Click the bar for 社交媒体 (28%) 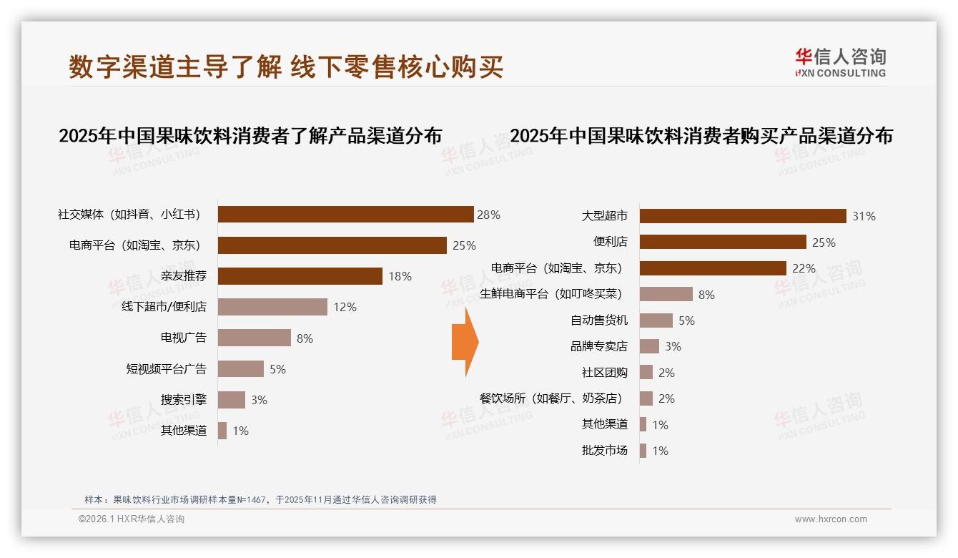tap(345, 215)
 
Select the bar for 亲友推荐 tap(300, 276)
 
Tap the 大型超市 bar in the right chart tap(742, 216)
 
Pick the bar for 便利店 tap(722, 242)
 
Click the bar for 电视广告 tap(254, 338)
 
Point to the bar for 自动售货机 tap(656, 320)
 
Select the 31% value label tap(864, 216)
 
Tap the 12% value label tap(345, 307)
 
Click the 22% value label tap(804, 268)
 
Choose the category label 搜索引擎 tap(184, 399)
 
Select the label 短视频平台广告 tap(167, 369)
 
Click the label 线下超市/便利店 tap(164, 307)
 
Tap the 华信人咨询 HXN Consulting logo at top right tap(840, 62)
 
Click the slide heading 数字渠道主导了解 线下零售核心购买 tap(286, 67)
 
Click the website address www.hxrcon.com tap(831, 519)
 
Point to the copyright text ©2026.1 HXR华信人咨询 tap(132, 519)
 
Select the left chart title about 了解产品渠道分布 tap(250, 135)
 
